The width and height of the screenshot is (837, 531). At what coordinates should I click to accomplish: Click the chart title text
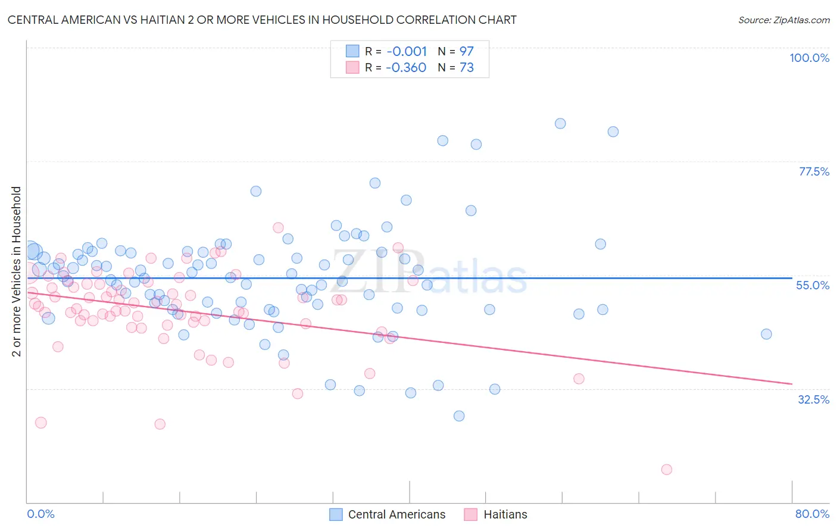tap(262, 20)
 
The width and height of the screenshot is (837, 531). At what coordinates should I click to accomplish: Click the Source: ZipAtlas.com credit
tap(783, 20)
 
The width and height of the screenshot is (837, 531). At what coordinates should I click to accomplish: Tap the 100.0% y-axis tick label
tap(809, 58)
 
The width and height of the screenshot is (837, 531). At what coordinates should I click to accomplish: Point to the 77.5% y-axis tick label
tap(813, 171)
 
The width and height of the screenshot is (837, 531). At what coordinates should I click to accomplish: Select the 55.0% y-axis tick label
tap(812, 285)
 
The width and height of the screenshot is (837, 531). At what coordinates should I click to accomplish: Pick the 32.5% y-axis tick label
tap(813, 399)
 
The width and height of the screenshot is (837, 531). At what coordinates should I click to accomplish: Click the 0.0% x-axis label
tap(40, 514)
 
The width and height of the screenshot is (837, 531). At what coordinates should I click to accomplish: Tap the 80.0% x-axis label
tap(812, 514)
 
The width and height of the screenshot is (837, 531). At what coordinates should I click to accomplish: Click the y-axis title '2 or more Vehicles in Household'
tap(17, 271)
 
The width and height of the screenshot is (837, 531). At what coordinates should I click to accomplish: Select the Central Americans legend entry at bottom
tap(388, 514)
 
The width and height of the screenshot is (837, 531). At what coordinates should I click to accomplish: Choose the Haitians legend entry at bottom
tap(496, 514)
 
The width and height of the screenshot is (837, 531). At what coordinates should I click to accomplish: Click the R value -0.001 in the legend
tap(407, 52)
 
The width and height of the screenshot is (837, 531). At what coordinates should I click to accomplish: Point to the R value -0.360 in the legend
tap(406, 68)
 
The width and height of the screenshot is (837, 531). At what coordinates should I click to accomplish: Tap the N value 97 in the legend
tap(466, 52)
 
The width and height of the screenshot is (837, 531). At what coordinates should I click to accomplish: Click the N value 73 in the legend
tap(466, 68)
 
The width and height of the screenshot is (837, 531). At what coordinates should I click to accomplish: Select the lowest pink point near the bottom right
tap(667, 470)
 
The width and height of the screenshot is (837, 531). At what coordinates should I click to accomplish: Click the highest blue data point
tap(560, 124)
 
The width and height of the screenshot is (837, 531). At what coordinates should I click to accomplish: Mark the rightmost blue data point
tap(766, 334)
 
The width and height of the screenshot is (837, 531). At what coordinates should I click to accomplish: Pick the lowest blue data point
tap(459, 416)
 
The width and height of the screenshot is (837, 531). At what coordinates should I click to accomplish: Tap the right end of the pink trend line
tap(792, 383)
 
